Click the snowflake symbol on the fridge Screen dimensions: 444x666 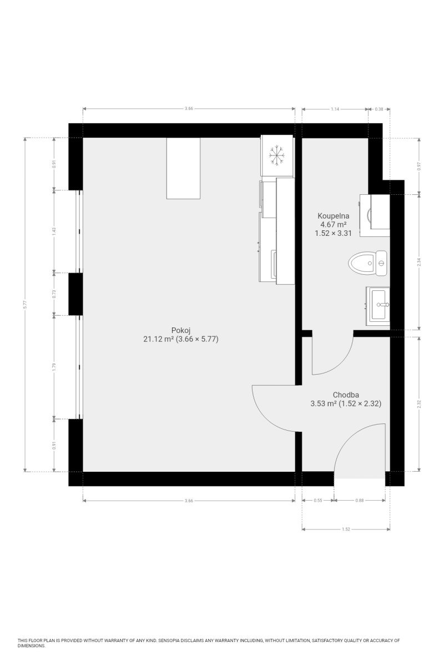276,155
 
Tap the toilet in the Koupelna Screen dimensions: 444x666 367,263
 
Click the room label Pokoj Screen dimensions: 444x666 181,330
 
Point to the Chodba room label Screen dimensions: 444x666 346,395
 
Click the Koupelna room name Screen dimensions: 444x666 333,216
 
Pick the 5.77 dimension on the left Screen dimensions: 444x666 26,305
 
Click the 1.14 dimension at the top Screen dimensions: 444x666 335,109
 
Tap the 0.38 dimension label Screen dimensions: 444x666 379,109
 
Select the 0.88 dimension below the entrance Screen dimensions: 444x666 359,501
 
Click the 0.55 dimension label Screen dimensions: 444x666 318,501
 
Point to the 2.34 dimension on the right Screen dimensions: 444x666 418,262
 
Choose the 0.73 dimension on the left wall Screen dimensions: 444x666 54,294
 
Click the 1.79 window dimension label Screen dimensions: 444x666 54,367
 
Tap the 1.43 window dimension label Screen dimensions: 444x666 54,231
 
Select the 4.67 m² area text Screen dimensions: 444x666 333,224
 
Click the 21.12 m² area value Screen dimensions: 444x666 159,339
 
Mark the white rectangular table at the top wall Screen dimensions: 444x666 183,168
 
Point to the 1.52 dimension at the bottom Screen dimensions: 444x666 346,529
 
